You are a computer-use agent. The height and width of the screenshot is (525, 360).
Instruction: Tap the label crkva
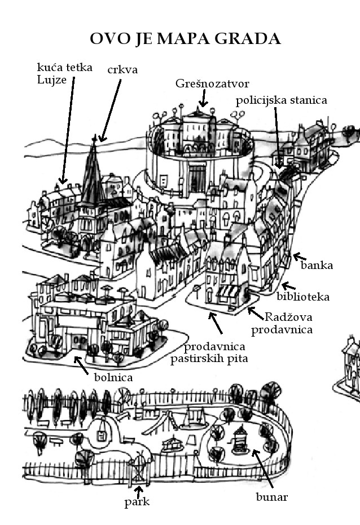pos(122,69)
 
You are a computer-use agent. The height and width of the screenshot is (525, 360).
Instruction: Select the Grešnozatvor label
pos(204,83)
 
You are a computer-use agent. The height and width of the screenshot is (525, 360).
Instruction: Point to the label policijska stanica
pos(282,100)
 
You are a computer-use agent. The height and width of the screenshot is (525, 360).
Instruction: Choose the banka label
pos(317,264)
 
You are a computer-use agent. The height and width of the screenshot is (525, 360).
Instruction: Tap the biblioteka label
pos(303,296)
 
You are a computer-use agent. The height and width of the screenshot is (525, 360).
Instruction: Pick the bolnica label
pos(113,377)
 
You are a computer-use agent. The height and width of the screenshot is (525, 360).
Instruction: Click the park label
pos(137,501)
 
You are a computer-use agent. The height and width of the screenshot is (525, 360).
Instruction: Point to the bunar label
pos(273,497)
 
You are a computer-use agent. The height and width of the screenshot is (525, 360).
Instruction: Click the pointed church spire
pos(92,169)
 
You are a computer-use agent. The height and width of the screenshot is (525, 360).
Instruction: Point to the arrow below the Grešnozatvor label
pos(203,100)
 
